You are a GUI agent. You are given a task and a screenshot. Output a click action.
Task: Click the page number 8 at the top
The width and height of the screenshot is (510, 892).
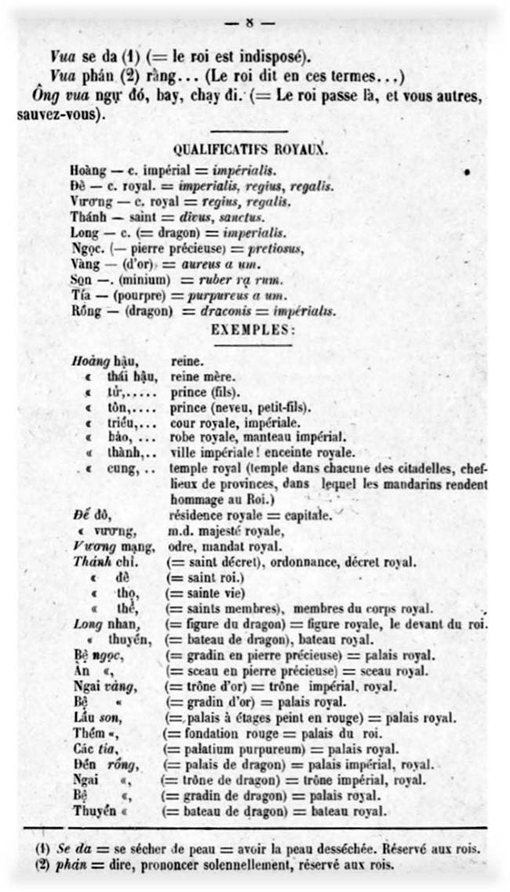click(x=250, y=23)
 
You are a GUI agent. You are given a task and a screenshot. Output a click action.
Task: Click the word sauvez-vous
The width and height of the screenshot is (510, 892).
click(x=59, y=114)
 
